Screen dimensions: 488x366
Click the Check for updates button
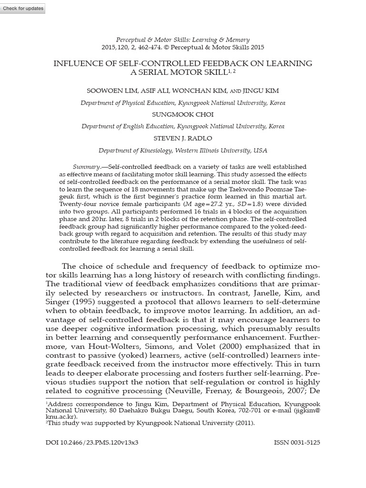pyautogui.click(x=23, y=9)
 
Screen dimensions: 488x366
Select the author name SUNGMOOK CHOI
pyautogui.click(x=183, y=115)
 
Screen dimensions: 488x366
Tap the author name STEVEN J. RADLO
pyautogui.click(x=183, y=138)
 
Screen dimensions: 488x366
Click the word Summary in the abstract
pyautogui.click(x=86, y=167)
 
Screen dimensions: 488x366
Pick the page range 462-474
pyautogui.click(x=149, y=48)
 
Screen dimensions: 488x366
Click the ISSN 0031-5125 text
pyautogui.click(x=297, y=442)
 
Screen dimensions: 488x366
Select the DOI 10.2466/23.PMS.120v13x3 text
pyautogui.click(x=92, y=442)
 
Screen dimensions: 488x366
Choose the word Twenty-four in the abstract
pyautogui.click(x=75, y=204)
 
